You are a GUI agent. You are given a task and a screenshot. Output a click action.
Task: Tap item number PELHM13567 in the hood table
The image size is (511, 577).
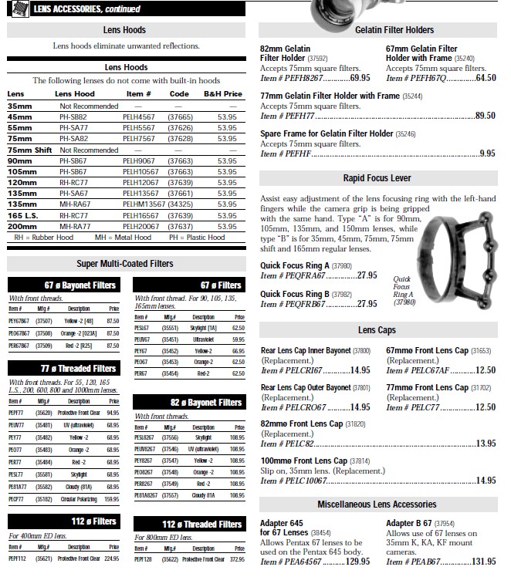(143, 204)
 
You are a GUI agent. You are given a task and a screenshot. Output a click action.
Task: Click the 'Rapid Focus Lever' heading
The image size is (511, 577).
(377, 178)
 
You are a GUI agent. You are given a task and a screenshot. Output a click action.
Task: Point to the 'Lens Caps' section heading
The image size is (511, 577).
(377, 330)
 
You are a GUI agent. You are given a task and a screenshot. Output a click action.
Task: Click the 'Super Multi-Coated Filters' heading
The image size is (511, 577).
(124, 264)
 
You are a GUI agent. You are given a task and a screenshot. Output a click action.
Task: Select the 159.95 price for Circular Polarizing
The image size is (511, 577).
(112, 498)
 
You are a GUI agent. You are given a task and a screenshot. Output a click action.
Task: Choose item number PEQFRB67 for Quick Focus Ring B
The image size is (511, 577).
(303, 304)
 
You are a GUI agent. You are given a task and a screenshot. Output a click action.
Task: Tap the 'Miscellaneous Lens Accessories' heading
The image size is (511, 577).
(377, 504)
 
